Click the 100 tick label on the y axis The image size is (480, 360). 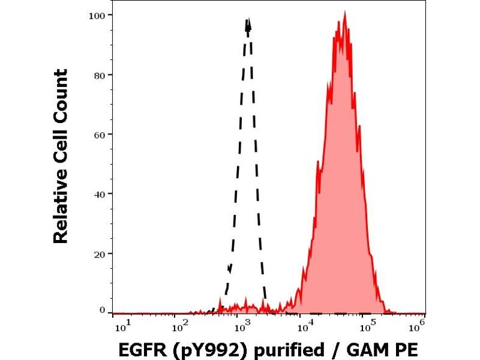pos(99,14)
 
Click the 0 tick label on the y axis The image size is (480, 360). pos(103,310)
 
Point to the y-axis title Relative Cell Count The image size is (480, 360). pos(61,156)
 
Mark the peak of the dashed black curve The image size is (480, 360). pos(248,20)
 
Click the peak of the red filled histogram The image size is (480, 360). pos(344,12)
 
